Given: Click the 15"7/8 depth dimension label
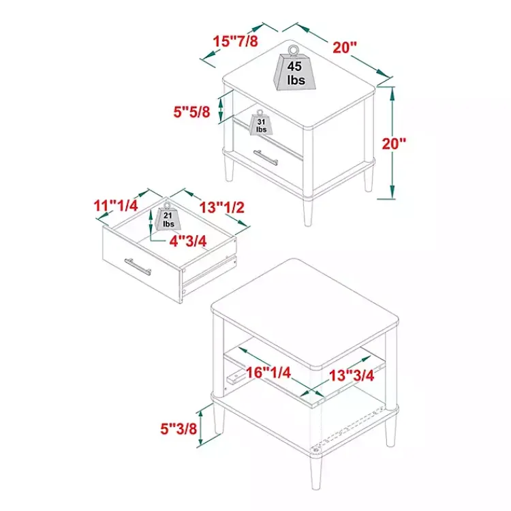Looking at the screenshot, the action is click(x=235, y=42).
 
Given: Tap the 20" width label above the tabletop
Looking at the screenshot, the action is click(x=345, y=48).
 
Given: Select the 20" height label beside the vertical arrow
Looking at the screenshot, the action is click(x=394, y=144).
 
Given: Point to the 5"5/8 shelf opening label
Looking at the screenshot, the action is click(x=191, y=112).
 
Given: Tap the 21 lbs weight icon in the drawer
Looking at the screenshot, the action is click(x=168, y=217).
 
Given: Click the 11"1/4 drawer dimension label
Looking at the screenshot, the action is click(x=116, y=206).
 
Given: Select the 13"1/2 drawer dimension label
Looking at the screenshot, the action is click(x=222, y=208).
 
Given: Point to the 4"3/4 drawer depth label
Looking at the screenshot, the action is click(x=188, y=241).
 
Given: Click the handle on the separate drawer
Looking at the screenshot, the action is click(x=138, y=266).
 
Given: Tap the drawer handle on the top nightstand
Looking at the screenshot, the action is click(x=266, y=157).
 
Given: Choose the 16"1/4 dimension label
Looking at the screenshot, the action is click(x=268, y=373).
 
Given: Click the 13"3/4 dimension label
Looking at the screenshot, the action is click(x=352, y=375).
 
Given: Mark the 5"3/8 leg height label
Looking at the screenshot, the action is click(x=179, y=429).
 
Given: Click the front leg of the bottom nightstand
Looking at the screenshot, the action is click(x=315, y=471).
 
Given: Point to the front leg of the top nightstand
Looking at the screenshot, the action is click(x=308, y=212).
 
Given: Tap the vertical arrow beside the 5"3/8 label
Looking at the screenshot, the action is click(x=201, y=428).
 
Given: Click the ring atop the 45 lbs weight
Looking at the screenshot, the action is click(x=293, y=50).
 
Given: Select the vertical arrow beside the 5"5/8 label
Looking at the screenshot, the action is click(x=221, y=110).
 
